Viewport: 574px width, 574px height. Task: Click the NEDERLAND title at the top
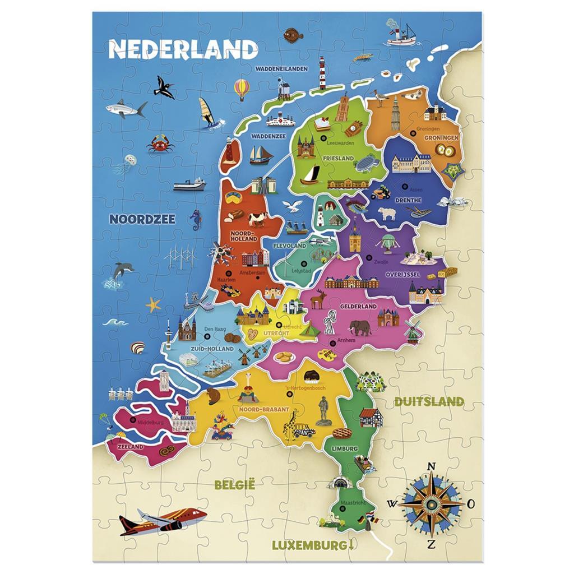click(182, 49)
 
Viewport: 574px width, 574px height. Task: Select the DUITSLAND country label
click(429, 401)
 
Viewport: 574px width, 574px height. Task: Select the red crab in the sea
click(159, 143)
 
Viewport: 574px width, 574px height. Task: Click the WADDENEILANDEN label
click(281, 69)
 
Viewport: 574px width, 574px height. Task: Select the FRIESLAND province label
click(338, 159)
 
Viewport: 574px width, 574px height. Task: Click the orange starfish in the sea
click(153, 305)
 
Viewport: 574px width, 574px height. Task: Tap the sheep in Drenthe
click(386, 214)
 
